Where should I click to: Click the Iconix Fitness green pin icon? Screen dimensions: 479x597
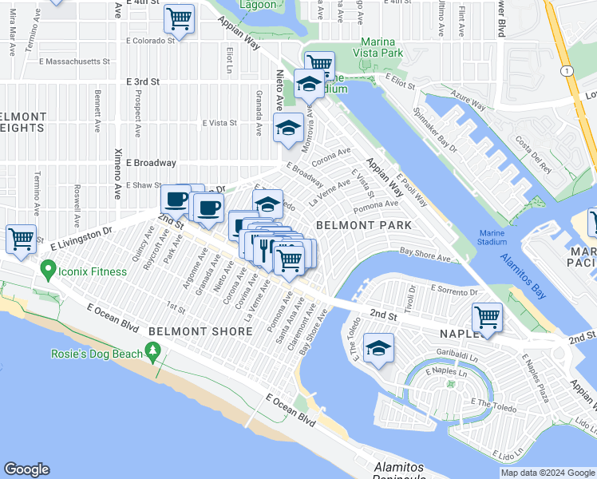click(x=48, y=271)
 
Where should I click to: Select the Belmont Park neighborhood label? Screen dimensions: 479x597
click(x=364, y=225)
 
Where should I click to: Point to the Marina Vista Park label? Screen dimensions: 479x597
click(x=371, y=46)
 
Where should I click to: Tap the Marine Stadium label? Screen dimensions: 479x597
click(x=492, y=237)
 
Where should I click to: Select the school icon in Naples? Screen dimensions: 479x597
click(x=378, y=347)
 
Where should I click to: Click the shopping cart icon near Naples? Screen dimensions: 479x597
click(x=486, y=317)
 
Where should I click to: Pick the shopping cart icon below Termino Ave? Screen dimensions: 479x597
click(x=20, y=237)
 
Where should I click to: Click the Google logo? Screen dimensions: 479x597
click(x=26, y=469)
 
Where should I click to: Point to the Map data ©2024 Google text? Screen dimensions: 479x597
click(x=547, y=473)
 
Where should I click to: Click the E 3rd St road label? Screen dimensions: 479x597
click(x=143, y=81)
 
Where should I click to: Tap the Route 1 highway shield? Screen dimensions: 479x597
click(x=566, y=71)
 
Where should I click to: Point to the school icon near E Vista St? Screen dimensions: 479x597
click(x=288, y=126)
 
